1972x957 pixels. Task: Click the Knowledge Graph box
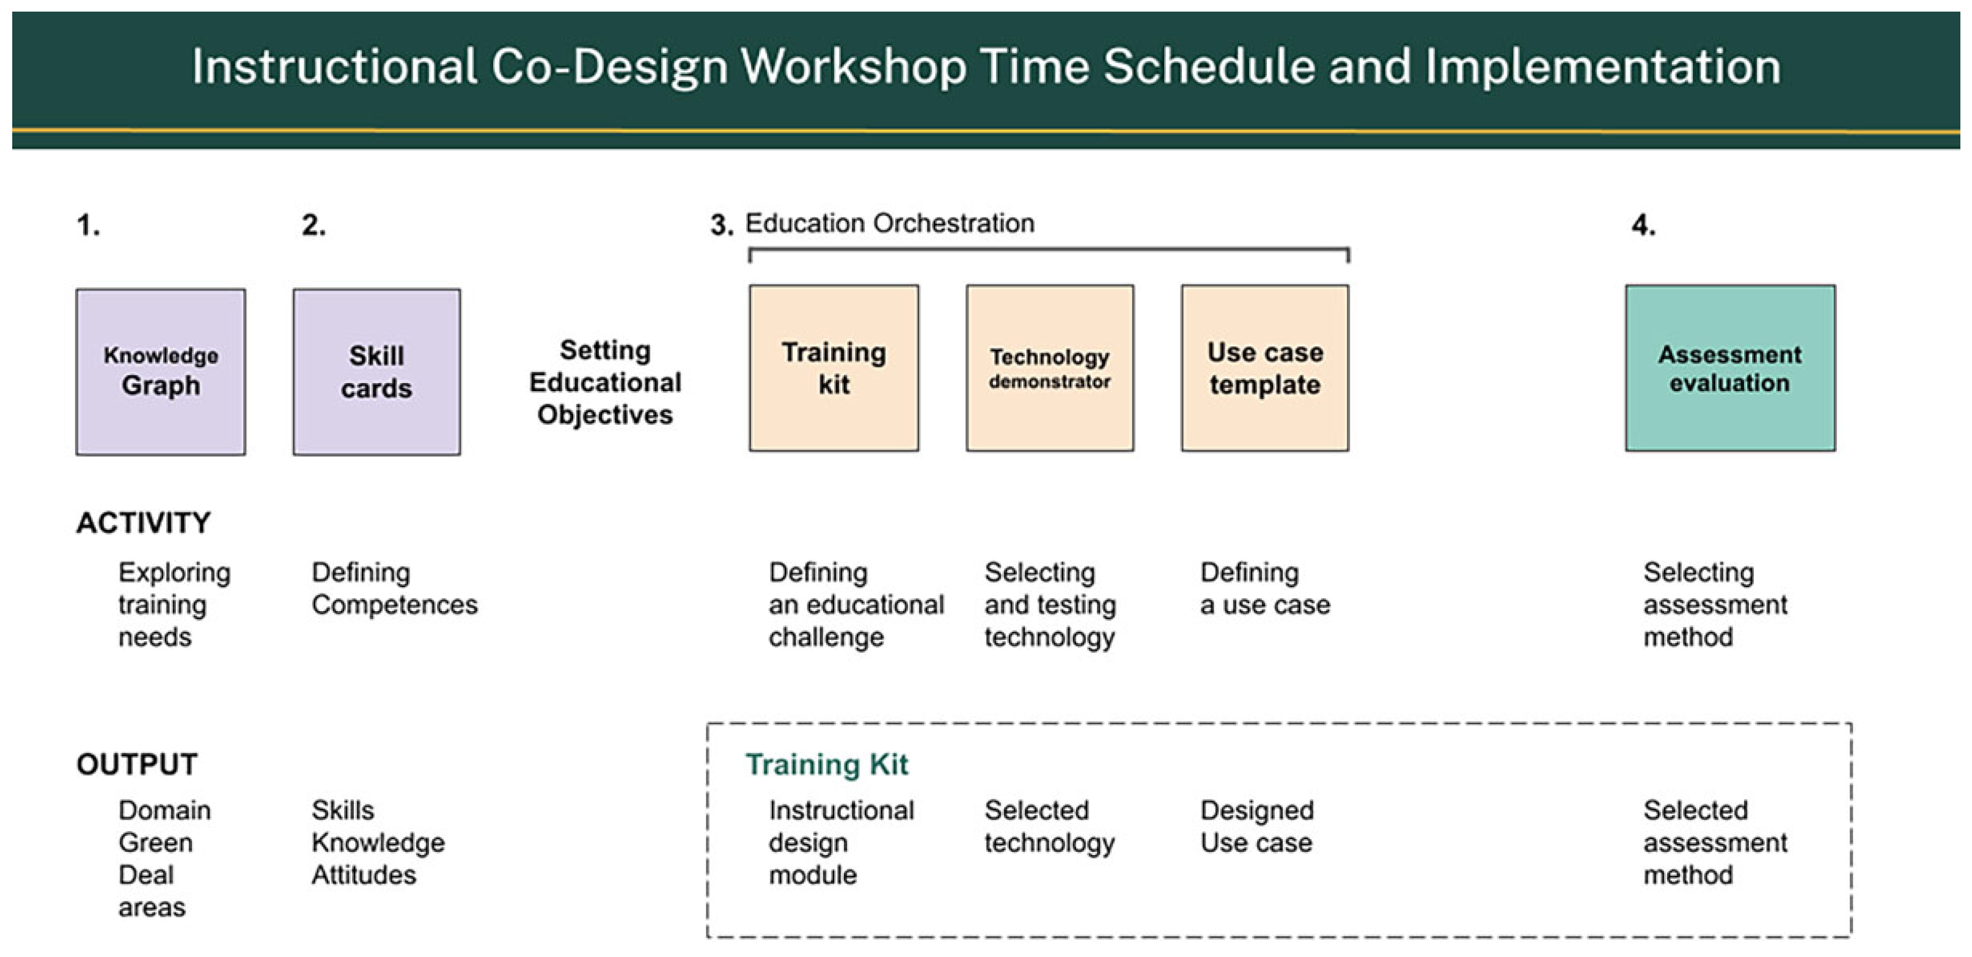pos(161,372)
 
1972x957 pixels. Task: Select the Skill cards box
pos(376,372)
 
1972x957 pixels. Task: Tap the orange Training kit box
pos(834,369)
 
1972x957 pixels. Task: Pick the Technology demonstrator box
pos(1049,369)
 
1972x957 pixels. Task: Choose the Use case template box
pos(1264,369)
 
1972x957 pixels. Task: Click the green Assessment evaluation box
pos(1730,369)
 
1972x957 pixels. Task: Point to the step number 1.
pos(88,225)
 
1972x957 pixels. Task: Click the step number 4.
pos(1643,225)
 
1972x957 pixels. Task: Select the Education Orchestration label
pos(890,224)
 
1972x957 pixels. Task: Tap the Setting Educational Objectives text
pos(605,382)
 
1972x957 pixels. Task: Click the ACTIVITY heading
pos(143,523)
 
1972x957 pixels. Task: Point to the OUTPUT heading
pos(137,764)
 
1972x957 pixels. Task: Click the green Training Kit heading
pos(827,764)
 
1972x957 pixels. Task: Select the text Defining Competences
pos(394,588)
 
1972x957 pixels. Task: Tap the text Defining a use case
pos(1264,588)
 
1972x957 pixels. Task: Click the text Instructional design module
pos(841,842)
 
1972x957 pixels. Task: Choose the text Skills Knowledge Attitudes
pos(378,842)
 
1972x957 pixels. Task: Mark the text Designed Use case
pos(1257,826)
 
